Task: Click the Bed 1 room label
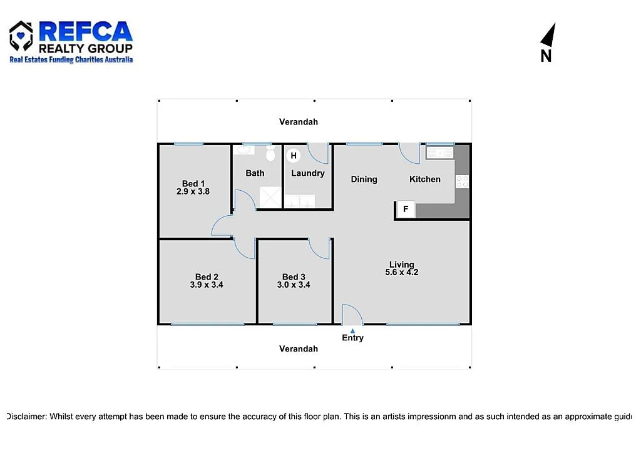click(193, 183)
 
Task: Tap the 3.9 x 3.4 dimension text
click(207, 285)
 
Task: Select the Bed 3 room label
click(294, 277)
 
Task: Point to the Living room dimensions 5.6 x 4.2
click(401, 272)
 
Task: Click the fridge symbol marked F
click(406, 209)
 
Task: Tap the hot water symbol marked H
click(294, 156)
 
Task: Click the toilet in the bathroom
click(271, 153)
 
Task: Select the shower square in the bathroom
click(270, 197)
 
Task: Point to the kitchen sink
click(440, 152)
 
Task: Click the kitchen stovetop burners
click(462, 181)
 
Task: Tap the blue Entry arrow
click(352, 330)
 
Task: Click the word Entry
click(352, 338)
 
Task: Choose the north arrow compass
click(548, 43)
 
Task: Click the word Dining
click(364, 180)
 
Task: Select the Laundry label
click(307, 173)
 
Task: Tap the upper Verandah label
click(299, 122)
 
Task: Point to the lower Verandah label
click(299, 348)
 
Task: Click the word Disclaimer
click(26, 416)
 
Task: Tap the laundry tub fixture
click(299, 201)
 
